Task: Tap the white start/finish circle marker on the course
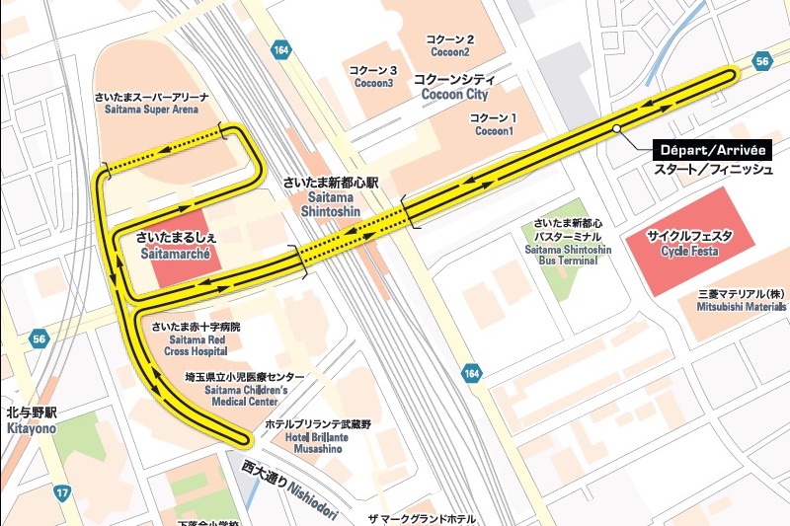pyautogui.click(x=615, y=128)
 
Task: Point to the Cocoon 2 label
pyautogui.click(x=449, y=45)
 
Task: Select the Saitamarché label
pyautogui.click(x=178, y=246)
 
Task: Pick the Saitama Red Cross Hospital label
pyautogui.click(x=190, y=338)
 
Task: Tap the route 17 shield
pyautogui.click(x=62, y=491)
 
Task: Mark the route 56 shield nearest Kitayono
pyautogui.click(x=39, y=338)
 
